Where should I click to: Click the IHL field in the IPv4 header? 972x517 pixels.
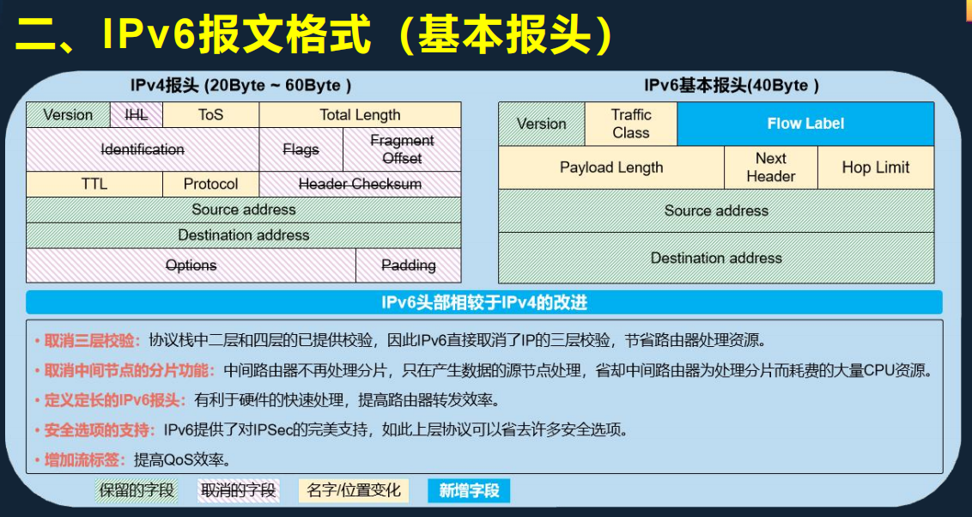(x=137, y=115)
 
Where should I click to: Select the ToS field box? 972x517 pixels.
(x=210, y=115)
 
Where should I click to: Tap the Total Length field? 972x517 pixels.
(x=360, y=115)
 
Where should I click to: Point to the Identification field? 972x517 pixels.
(x=143, y=149)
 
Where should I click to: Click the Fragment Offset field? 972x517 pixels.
(x=402, y=149)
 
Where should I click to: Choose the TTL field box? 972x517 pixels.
(x=94, y=184)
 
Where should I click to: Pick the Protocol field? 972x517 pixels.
(x=210, y=184)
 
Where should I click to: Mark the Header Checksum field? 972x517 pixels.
(x=360, y=184)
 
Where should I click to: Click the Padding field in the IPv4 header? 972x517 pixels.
(x=408, y=265)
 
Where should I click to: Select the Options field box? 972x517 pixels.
(x=191, y=265)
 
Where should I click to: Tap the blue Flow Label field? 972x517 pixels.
(x=805, y=124)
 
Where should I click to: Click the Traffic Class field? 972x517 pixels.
(x=631, y=124)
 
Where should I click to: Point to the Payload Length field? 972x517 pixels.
(x=611, y=167)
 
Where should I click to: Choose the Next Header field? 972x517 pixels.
(x=770, y=167)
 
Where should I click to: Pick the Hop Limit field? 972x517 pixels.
(x=875, y=167)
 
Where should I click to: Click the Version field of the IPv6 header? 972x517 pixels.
(x=541, y=124)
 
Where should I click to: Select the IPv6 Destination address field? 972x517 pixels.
(x=716, y=258)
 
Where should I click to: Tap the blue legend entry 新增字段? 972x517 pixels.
(x=469, y=490)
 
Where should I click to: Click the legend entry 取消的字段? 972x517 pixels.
(x=238, y=490)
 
